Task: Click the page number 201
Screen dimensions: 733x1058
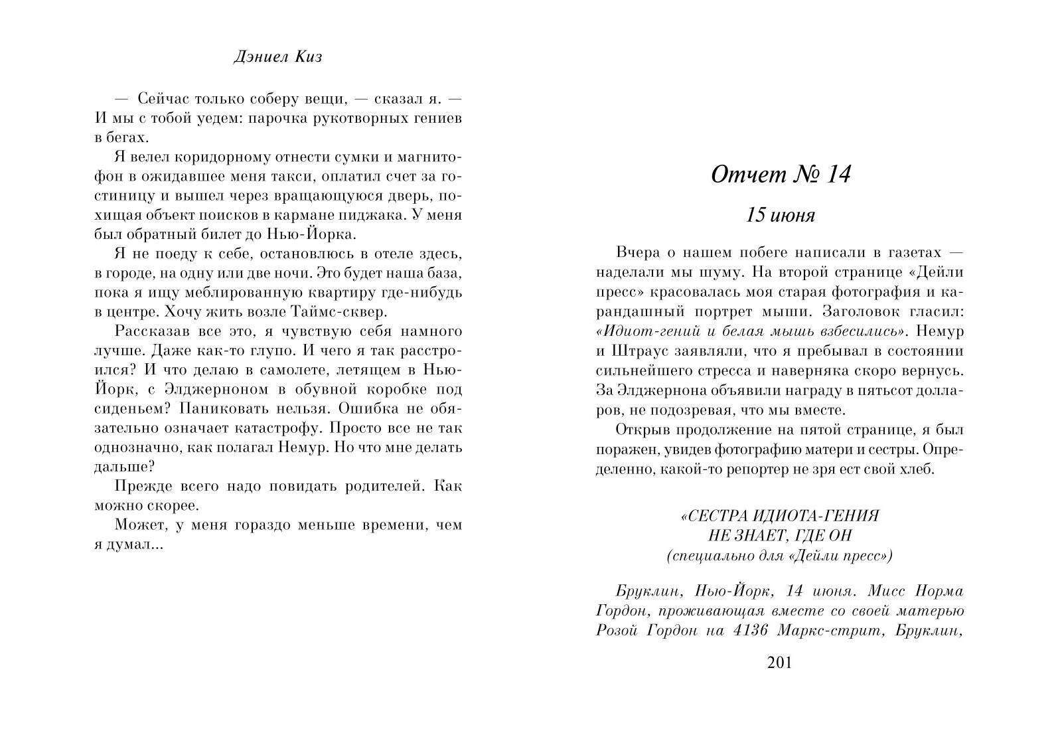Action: [x=779, y=663]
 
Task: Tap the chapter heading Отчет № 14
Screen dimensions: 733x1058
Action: [x=780, y=175]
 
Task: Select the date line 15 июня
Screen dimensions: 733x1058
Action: [x=780, y=216]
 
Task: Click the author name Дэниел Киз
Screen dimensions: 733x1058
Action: [x=278, y=57]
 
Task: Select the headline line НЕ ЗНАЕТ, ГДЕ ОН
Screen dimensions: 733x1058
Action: [x=780, y=535]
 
